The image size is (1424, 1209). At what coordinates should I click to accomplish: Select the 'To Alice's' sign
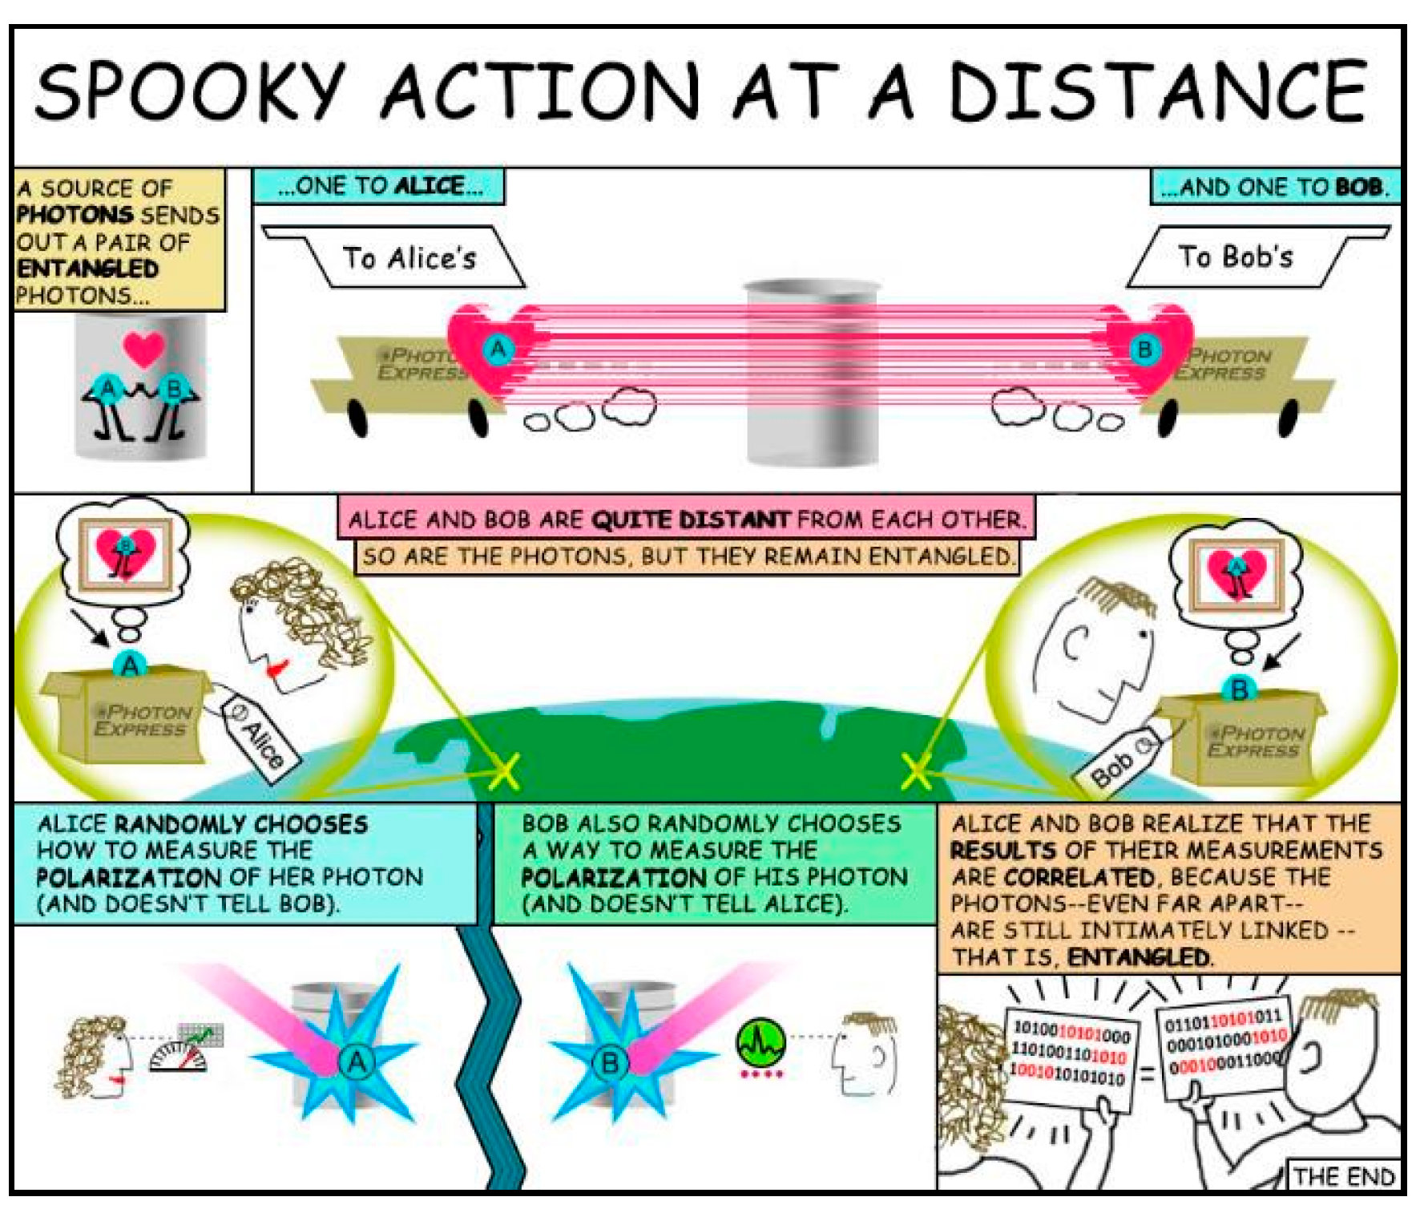(409, 258)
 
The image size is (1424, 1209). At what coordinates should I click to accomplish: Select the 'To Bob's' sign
(1235, 257)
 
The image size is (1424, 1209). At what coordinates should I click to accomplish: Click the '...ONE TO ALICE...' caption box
(379, 186)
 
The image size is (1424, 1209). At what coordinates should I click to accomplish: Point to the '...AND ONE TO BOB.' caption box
(1274, 188)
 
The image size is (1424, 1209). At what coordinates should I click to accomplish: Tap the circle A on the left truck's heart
(498, 350)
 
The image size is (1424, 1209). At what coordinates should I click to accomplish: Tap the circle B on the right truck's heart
(1144, 350)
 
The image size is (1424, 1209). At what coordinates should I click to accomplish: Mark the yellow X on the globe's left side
(503, 772)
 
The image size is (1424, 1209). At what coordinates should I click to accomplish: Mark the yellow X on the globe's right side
(916, 772)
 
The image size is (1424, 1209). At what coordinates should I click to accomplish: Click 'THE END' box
(1344, 1176)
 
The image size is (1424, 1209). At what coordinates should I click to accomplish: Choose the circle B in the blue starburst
(610, 1063)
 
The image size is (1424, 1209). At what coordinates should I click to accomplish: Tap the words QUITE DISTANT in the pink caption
(690, 520)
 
